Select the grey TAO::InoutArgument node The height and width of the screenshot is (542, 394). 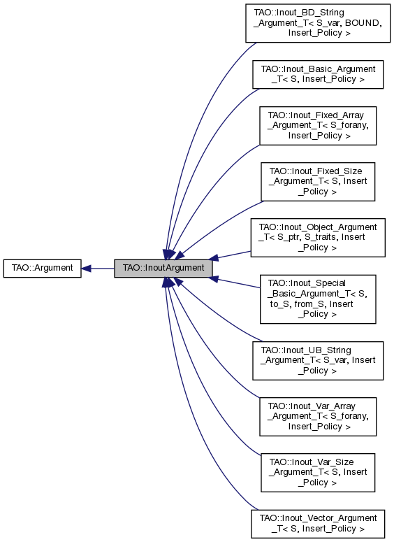(163, 268)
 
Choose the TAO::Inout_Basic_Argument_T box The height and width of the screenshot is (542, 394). (318, 74)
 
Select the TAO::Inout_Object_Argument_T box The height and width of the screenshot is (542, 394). (318, 238)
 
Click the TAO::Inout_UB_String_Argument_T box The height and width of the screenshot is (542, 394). (318, 360)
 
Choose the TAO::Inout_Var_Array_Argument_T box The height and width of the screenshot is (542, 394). (318, 416)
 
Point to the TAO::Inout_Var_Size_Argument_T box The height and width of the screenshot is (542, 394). (318, 472)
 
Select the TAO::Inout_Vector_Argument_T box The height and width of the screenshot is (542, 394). (318, 523)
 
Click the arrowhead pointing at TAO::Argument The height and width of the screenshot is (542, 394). (87, 268)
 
